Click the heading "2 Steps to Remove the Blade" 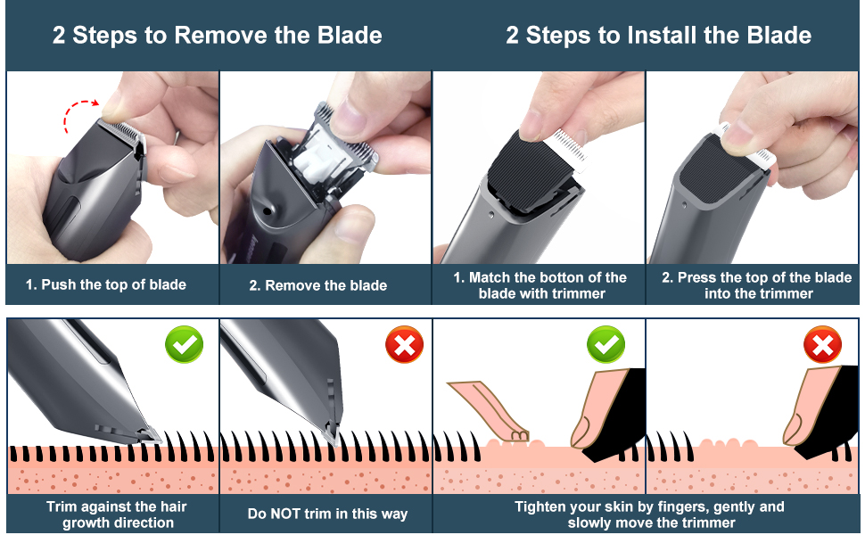point(217,36)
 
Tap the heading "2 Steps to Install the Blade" point(658,36)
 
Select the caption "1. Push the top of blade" point(106,284)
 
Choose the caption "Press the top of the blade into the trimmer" point(756,284)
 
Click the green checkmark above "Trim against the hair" point(184,344)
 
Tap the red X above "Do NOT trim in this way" point(404,344)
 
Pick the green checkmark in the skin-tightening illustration point(605,344)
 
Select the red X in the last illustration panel point(822,344)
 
